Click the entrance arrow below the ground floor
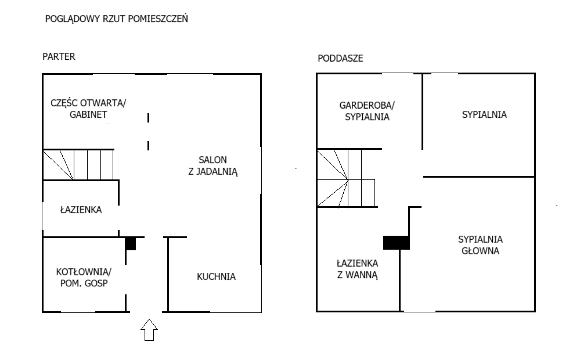(x=149, y=330)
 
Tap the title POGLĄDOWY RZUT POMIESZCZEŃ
(x=117, y=19)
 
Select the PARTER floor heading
(x=59, y=57)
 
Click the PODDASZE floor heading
(x=340, y=58)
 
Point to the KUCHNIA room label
(x=216, y=276)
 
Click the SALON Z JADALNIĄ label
(x=213, y=165)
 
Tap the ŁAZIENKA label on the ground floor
(x=81, y=210)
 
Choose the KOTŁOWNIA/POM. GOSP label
(x=84, y=277)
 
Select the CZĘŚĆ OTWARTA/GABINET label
(x=88, y=108)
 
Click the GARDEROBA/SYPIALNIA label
(x=367, y=111)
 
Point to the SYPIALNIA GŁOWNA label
(x=480, y=245)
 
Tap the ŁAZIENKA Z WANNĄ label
(x=357, y=269)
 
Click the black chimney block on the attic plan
(x=397, y=243)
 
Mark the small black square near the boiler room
(x=131, y=244)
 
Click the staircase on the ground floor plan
(x=78, y=164)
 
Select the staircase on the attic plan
(x=346, y=178)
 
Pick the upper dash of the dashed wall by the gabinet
(x=149, y=118)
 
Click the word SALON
(x=213, y=160)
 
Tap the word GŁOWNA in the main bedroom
(x=480, y=251)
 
